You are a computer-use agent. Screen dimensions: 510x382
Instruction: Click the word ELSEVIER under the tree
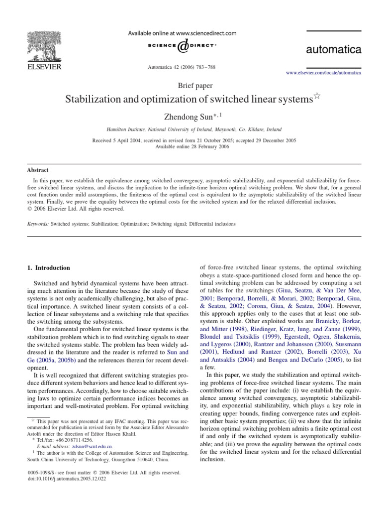tap(40, 67)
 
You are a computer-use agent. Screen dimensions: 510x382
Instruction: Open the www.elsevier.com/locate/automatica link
tap(323, 73)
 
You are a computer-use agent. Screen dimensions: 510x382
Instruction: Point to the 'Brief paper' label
tap(191, 85)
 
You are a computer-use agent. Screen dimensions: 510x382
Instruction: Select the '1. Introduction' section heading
tap(49, 268)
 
